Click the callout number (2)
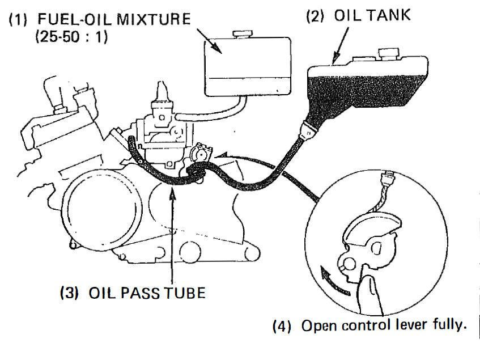316,16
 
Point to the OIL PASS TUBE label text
147,294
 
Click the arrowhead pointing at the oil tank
334,59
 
